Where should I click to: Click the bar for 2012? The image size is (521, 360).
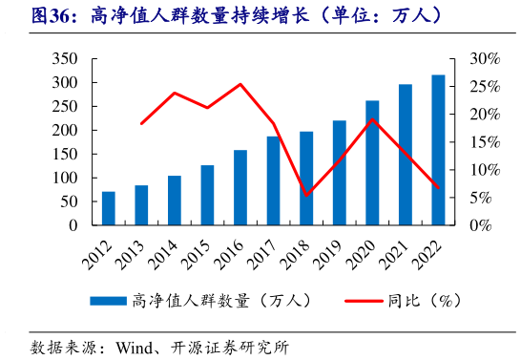109,209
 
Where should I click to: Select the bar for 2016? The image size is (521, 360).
240,188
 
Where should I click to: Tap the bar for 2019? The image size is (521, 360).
340,173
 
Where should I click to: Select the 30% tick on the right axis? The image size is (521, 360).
484,59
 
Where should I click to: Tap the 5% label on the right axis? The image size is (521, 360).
480,199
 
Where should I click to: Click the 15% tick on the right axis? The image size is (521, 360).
484,143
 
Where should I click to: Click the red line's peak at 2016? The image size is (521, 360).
240,84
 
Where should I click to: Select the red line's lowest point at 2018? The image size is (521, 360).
306,195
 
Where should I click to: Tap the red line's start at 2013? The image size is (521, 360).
141,124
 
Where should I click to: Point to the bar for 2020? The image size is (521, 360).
372,163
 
